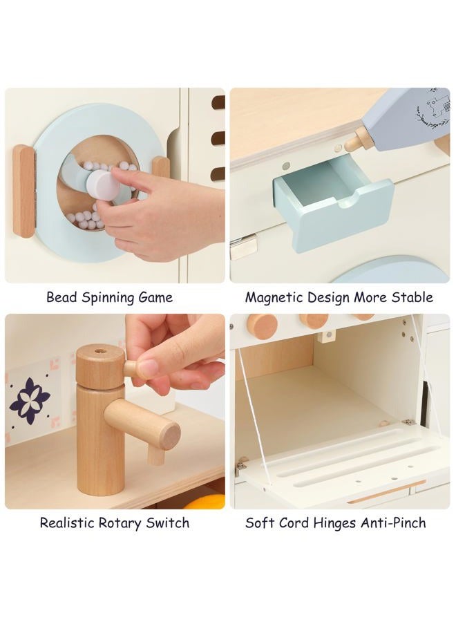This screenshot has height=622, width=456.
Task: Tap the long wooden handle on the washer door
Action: [x=23, y=191]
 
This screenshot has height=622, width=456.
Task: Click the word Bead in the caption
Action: [x=61, y=297]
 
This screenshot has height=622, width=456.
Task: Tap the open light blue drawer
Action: [x=333, y=203]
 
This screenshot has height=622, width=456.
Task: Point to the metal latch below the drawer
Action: [x=243, y=246]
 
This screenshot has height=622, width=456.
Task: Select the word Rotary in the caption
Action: [x=120, y=523]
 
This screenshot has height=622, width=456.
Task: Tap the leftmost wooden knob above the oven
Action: [x=262, y=326]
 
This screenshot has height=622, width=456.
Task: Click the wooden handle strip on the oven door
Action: [x=386, y=491]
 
